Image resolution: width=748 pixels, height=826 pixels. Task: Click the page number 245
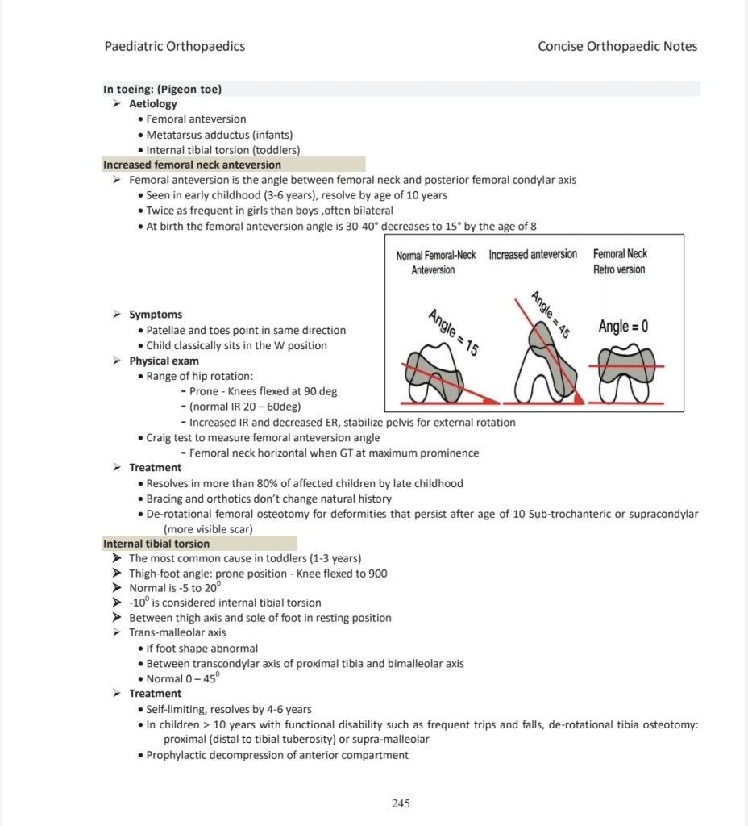[401, 803]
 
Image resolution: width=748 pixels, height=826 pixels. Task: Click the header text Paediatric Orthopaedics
[175, 46]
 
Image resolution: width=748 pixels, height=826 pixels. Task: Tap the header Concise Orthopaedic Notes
[617, 46]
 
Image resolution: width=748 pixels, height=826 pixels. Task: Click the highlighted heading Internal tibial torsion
[156, 544]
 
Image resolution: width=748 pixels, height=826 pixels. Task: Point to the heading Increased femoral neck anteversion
[192, 165]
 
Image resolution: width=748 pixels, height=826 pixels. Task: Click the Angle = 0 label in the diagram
[623, 327]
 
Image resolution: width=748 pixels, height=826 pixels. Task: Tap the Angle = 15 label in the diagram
[452, 332]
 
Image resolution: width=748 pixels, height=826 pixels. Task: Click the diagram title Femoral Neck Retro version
[619, 261]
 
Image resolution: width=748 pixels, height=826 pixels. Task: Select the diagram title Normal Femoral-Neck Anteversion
[435, 261]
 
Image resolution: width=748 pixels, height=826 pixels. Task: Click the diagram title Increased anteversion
[533, 254]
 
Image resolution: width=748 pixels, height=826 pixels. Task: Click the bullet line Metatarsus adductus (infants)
[219, 135]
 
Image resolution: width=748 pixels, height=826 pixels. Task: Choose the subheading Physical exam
[164, 361]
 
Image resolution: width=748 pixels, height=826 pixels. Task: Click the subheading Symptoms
[156, 315]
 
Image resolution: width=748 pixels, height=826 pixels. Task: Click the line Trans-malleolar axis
[177, 632]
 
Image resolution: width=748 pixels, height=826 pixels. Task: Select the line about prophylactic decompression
[277, 755]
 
